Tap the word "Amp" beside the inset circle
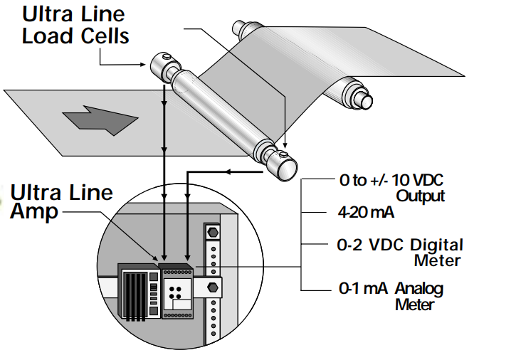point(34,212)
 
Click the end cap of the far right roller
point(362,100)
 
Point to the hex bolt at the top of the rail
point(211,233)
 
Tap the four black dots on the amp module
point(177,290)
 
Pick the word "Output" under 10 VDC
point(420,196)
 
